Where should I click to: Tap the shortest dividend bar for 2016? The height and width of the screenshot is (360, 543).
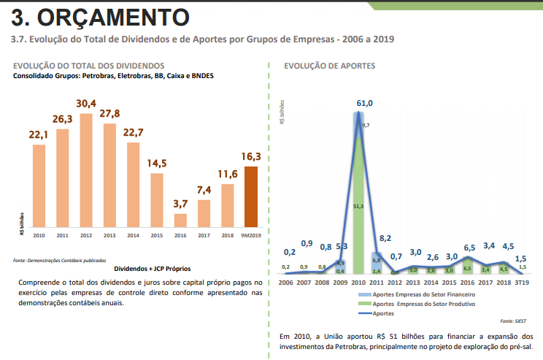tap(180, 220)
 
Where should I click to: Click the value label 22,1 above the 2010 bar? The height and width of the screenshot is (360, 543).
tap(39, 135)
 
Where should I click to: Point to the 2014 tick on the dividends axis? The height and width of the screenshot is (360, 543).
tap(133, 235)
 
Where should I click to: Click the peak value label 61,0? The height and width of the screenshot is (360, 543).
tap(364, 104)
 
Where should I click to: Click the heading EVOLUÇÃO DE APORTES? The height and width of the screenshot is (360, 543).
tap(329, 66)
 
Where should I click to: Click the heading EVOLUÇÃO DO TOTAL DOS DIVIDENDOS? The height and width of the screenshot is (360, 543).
tap(89, 66)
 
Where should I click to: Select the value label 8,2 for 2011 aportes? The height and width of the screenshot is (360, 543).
tap(385, 238)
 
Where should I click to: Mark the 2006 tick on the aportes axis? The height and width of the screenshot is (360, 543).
tap(285, 282)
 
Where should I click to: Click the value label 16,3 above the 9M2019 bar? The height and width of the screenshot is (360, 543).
tap(250, 156)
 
